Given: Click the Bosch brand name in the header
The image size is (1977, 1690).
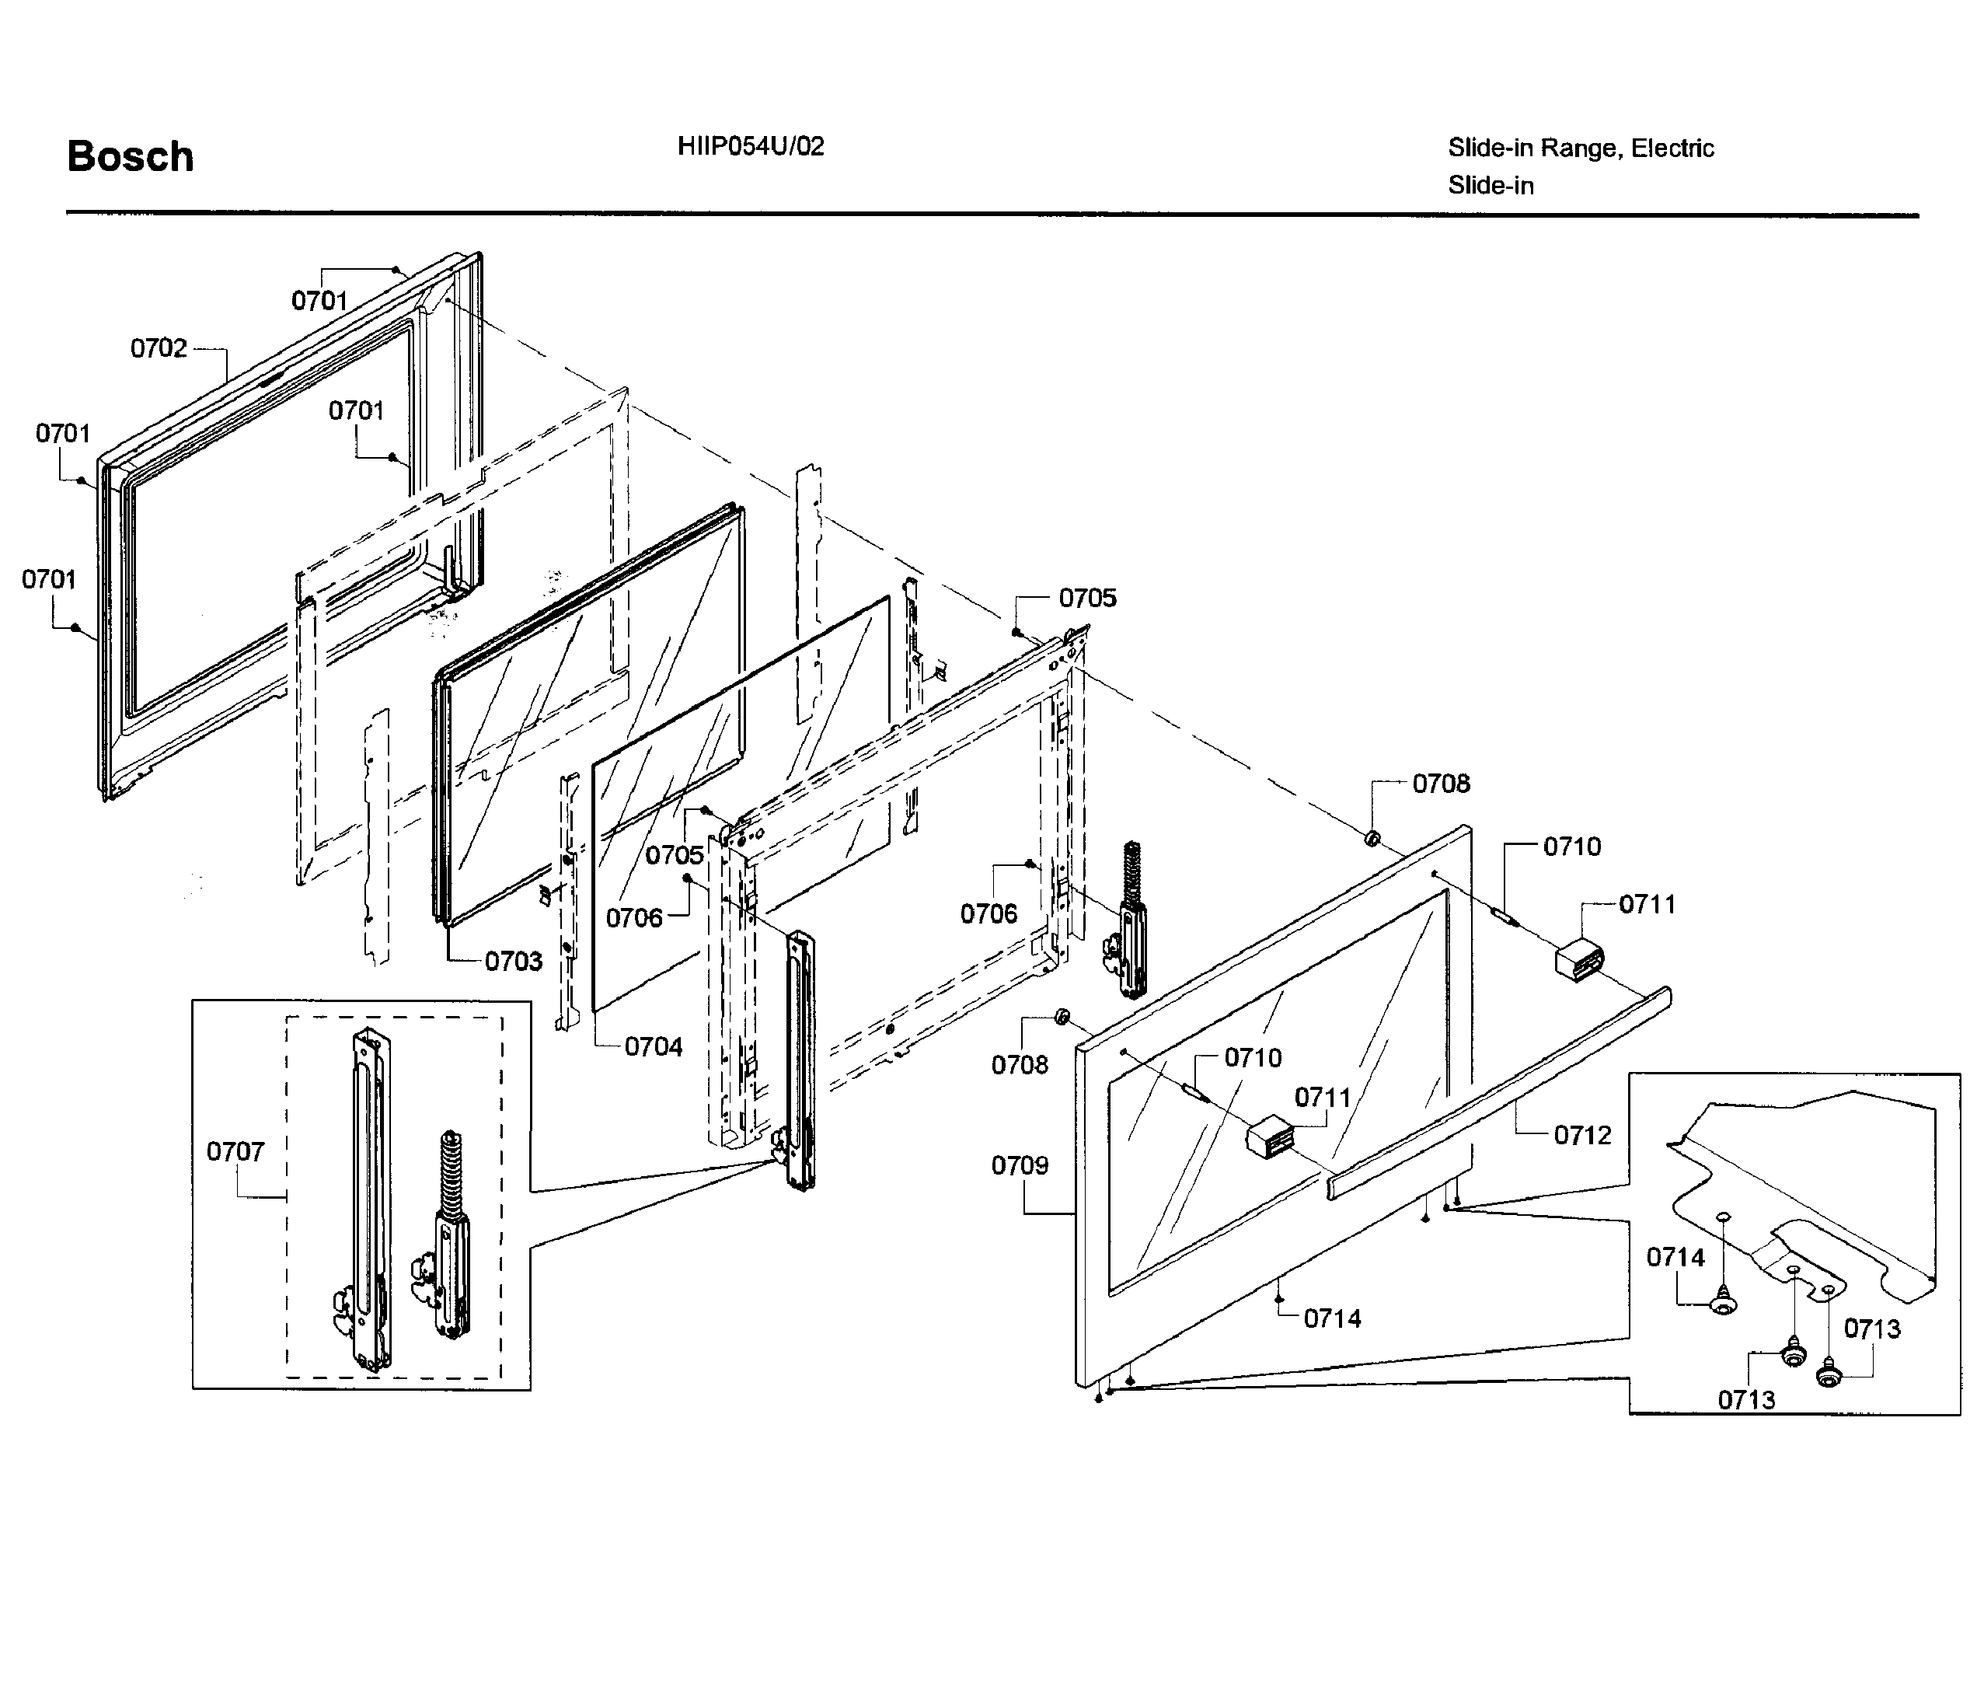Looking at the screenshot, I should (x=130, y=156).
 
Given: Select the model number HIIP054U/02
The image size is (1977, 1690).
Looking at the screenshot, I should (x=750, y=146).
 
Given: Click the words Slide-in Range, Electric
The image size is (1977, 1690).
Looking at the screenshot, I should (x=1580, y=148).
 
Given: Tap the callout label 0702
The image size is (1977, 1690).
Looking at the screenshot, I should (x=159, y=348).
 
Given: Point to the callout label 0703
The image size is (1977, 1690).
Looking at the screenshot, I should (x=514, y=961).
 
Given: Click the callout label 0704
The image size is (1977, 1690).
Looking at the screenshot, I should (x=654, y=1047).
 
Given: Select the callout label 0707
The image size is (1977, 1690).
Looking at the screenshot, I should (x=235, y=1152).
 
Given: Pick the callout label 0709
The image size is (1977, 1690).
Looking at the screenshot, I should (x=1019, y=1165).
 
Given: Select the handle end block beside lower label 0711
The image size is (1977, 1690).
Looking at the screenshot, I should (x=1269, y=1138).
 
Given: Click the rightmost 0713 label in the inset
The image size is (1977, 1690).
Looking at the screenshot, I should (x=1871, y=1329).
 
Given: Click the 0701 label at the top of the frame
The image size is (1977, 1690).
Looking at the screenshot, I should (x=319, y=301).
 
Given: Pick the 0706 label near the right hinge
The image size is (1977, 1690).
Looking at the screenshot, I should (x=988, y=913).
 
